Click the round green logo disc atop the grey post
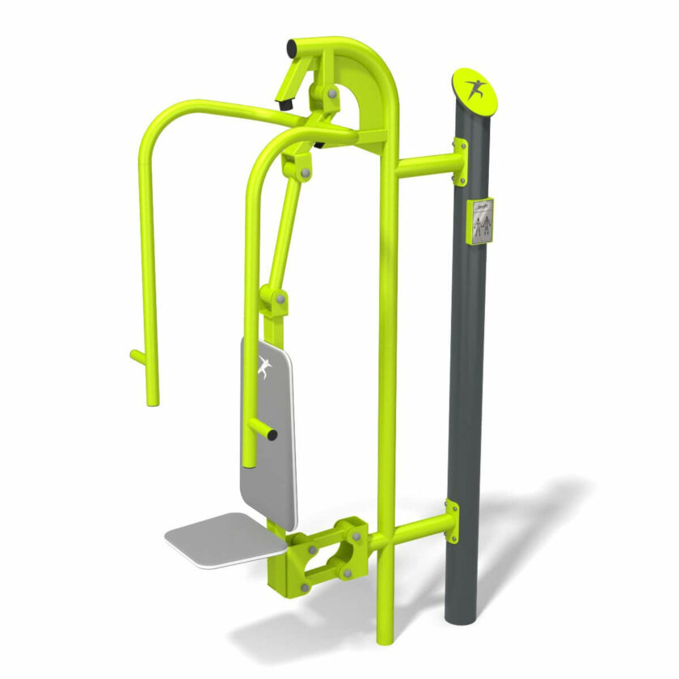475,91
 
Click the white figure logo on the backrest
264,368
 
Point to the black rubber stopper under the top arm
285,103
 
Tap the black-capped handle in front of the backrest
266,433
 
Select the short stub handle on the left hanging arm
137,355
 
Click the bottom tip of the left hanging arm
152,399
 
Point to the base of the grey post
465,614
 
